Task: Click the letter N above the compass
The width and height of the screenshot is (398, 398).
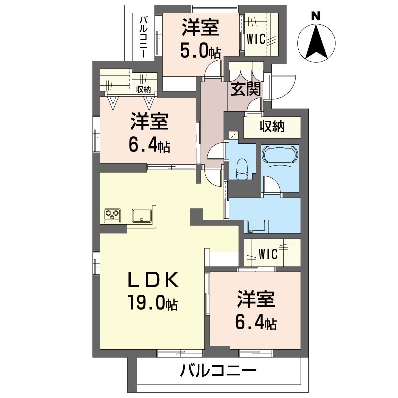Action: tap(316, 17)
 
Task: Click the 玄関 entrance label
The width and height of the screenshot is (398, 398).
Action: tap(245, 89)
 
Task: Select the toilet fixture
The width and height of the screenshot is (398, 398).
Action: tap(242, 169)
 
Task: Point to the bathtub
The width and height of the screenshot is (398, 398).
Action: tap(280, 155)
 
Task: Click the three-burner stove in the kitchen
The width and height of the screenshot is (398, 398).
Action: tap(112, 215)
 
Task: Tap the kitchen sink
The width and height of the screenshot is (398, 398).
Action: tap(142, 216)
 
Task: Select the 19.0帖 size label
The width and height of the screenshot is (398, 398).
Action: tap(153, 302)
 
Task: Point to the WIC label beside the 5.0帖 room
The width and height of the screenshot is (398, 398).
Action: tap(256, 39)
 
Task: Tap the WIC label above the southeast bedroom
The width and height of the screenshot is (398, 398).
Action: tap(268, 254)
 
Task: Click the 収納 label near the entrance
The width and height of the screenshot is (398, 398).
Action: tap(272, 126)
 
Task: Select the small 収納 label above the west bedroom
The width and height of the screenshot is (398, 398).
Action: tap(144, 89)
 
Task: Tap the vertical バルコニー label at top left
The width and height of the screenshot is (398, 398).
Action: tap(144, 37)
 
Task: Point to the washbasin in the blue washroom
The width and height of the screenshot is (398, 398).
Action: tap(256, 226)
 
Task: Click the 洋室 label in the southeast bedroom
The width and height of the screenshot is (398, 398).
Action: tap(256, 299)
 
